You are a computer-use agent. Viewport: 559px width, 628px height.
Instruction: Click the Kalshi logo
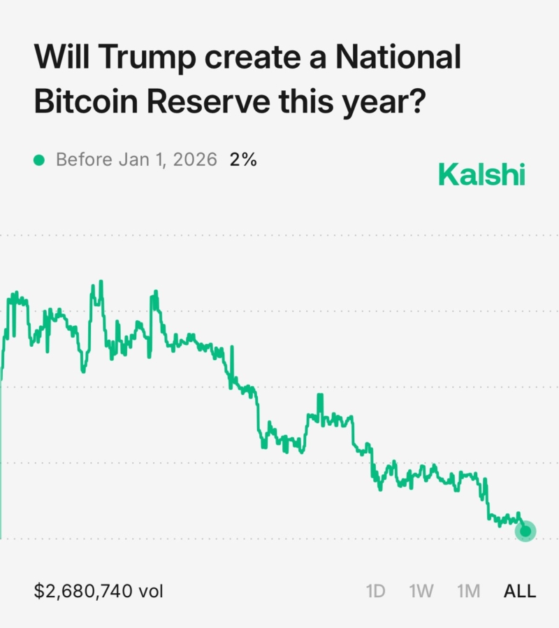tap(481, 175)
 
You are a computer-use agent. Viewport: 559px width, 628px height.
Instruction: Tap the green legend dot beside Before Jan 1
tap(39, 160)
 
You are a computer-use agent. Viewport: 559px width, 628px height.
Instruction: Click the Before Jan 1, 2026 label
tap(136, 159)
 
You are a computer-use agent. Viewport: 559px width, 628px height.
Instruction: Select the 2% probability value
tap(243, 159)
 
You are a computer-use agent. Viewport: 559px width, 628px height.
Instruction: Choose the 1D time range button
tap(376, 591)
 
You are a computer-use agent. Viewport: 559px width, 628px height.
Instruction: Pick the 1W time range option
tap(421, 591)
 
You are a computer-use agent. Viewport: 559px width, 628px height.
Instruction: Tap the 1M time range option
tap(468, 591)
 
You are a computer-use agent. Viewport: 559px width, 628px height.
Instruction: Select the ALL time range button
tap(520, 591)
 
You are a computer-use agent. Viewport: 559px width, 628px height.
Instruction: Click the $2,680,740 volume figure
tap(83, 591)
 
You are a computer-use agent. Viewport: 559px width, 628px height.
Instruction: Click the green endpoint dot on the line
tap(525, 531)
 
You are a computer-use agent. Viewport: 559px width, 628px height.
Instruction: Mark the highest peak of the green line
tap(101, 282)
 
